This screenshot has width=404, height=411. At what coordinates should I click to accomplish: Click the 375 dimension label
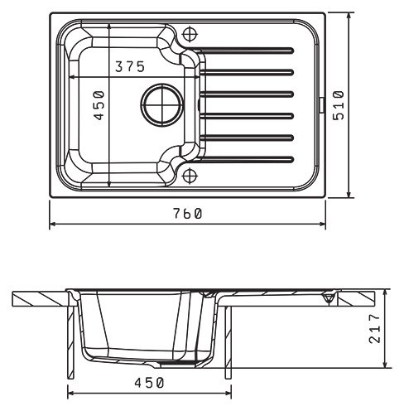click(130, 66)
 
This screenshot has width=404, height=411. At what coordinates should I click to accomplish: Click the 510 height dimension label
click(339, 105)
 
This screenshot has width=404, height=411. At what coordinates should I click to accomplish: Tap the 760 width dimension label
click(188, 214)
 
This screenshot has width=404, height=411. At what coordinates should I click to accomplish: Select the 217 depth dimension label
click(374, 329)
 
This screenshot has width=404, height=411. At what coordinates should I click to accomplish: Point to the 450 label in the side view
click(149, 383)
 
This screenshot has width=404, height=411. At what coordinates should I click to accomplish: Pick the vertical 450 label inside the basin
click(99, 105)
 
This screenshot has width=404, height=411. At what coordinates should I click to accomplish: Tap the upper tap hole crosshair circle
click(190, 34)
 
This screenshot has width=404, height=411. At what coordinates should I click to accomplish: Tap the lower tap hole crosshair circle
click(190, 176)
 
